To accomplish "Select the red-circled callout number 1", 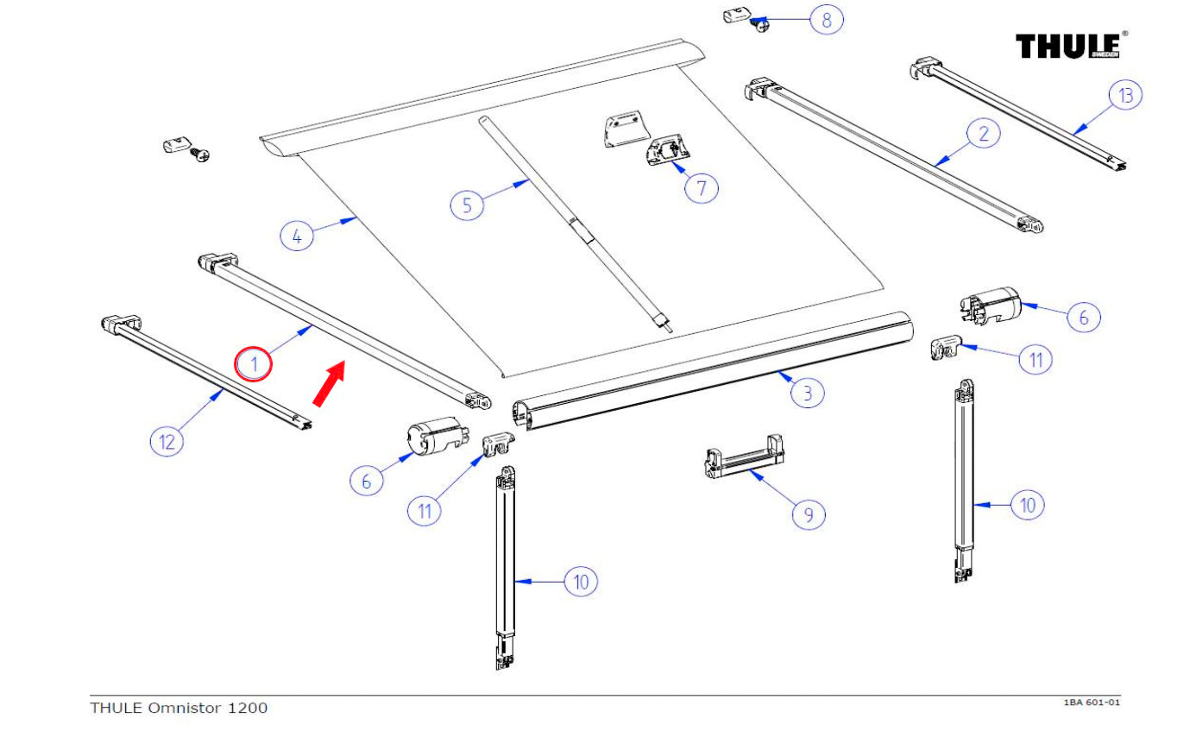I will pyautogui.click(x=255, y=364).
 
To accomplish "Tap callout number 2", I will pyautogui.click(x=983, y=133).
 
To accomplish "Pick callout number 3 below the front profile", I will pyautogui.click(x=808, y=394).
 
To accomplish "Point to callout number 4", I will pyautogui.click(x=297, y=236).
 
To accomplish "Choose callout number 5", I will pyautogui.click(x=467, y=205).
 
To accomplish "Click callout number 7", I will pyautogui.click(x=702, y=187).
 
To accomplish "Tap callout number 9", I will pyautogui.click(x=809, y=514).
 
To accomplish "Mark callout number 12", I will pyautogui.click(x=167, y=442).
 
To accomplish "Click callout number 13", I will pyautogui.click(x=1125, y=95).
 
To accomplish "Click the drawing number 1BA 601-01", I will pyautogui.click(x=1091, y=703).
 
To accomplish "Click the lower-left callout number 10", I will pyautogui.click(x=581, y=582).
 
